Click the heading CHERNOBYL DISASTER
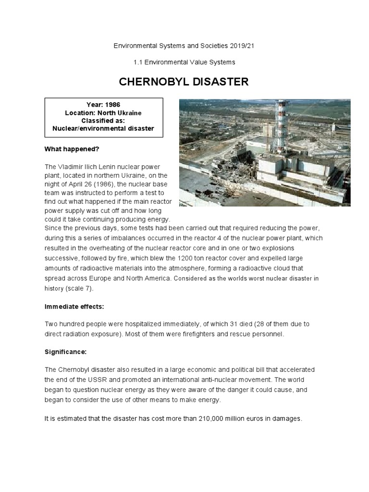pos(184,82)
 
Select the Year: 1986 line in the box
pos(103,105)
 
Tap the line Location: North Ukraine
pos(103,112)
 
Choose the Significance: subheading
pos(65,352)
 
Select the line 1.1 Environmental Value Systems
pos(184,62)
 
